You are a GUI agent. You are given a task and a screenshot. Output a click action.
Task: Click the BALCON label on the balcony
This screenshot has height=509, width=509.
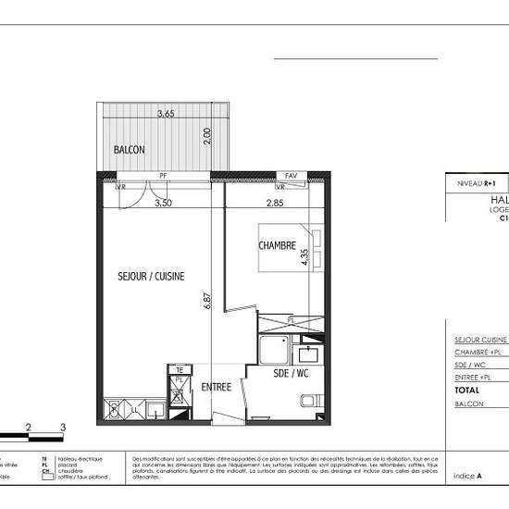(129, 149)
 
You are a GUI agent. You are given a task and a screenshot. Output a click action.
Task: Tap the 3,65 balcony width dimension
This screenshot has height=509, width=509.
(166, 114)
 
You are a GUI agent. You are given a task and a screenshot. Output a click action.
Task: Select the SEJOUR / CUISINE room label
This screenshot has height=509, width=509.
(152, 276)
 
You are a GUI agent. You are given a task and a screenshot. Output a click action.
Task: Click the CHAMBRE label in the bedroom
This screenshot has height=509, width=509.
(277, 246)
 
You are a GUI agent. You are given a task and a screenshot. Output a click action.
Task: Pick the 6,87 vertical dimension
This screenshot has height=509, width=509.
(209, 301)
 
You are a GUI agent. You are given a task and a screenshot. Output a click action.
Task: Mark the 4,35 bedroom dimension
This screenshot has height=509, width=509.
(304, 254)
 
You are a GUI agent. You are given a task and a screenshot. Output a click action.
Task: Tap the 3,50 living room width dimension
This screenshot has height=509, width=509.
(163, 202)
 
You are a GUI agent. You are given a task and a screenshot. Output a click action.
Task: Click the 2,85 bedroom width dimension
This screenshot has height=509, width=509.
(275, 202)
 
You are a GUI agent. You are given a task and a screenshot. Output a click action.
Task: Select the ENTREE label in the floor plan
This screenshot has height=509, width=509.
(217, 387)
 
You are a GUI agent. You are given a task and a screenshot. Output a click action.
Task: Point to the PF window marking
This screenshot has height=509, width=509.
(163, 175)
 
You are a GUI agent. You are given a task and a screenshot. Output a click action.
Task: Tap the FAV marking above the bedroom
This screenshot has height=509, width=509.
(292, 175)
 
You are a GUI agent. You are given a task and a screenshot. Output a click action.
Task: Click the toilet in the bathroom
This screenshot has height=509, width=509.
(311, 402)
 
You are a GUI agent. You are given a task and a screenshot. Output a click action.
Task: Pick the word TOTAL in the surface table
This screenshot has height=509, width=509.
(468, 391)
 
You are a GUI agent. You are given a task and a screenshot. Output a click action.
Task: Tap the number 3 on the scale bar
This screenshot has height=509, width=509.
(62, 427)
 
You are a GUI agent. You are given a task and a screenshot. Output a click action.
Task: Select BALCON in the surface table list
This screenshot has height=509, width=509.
(470, 403)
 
